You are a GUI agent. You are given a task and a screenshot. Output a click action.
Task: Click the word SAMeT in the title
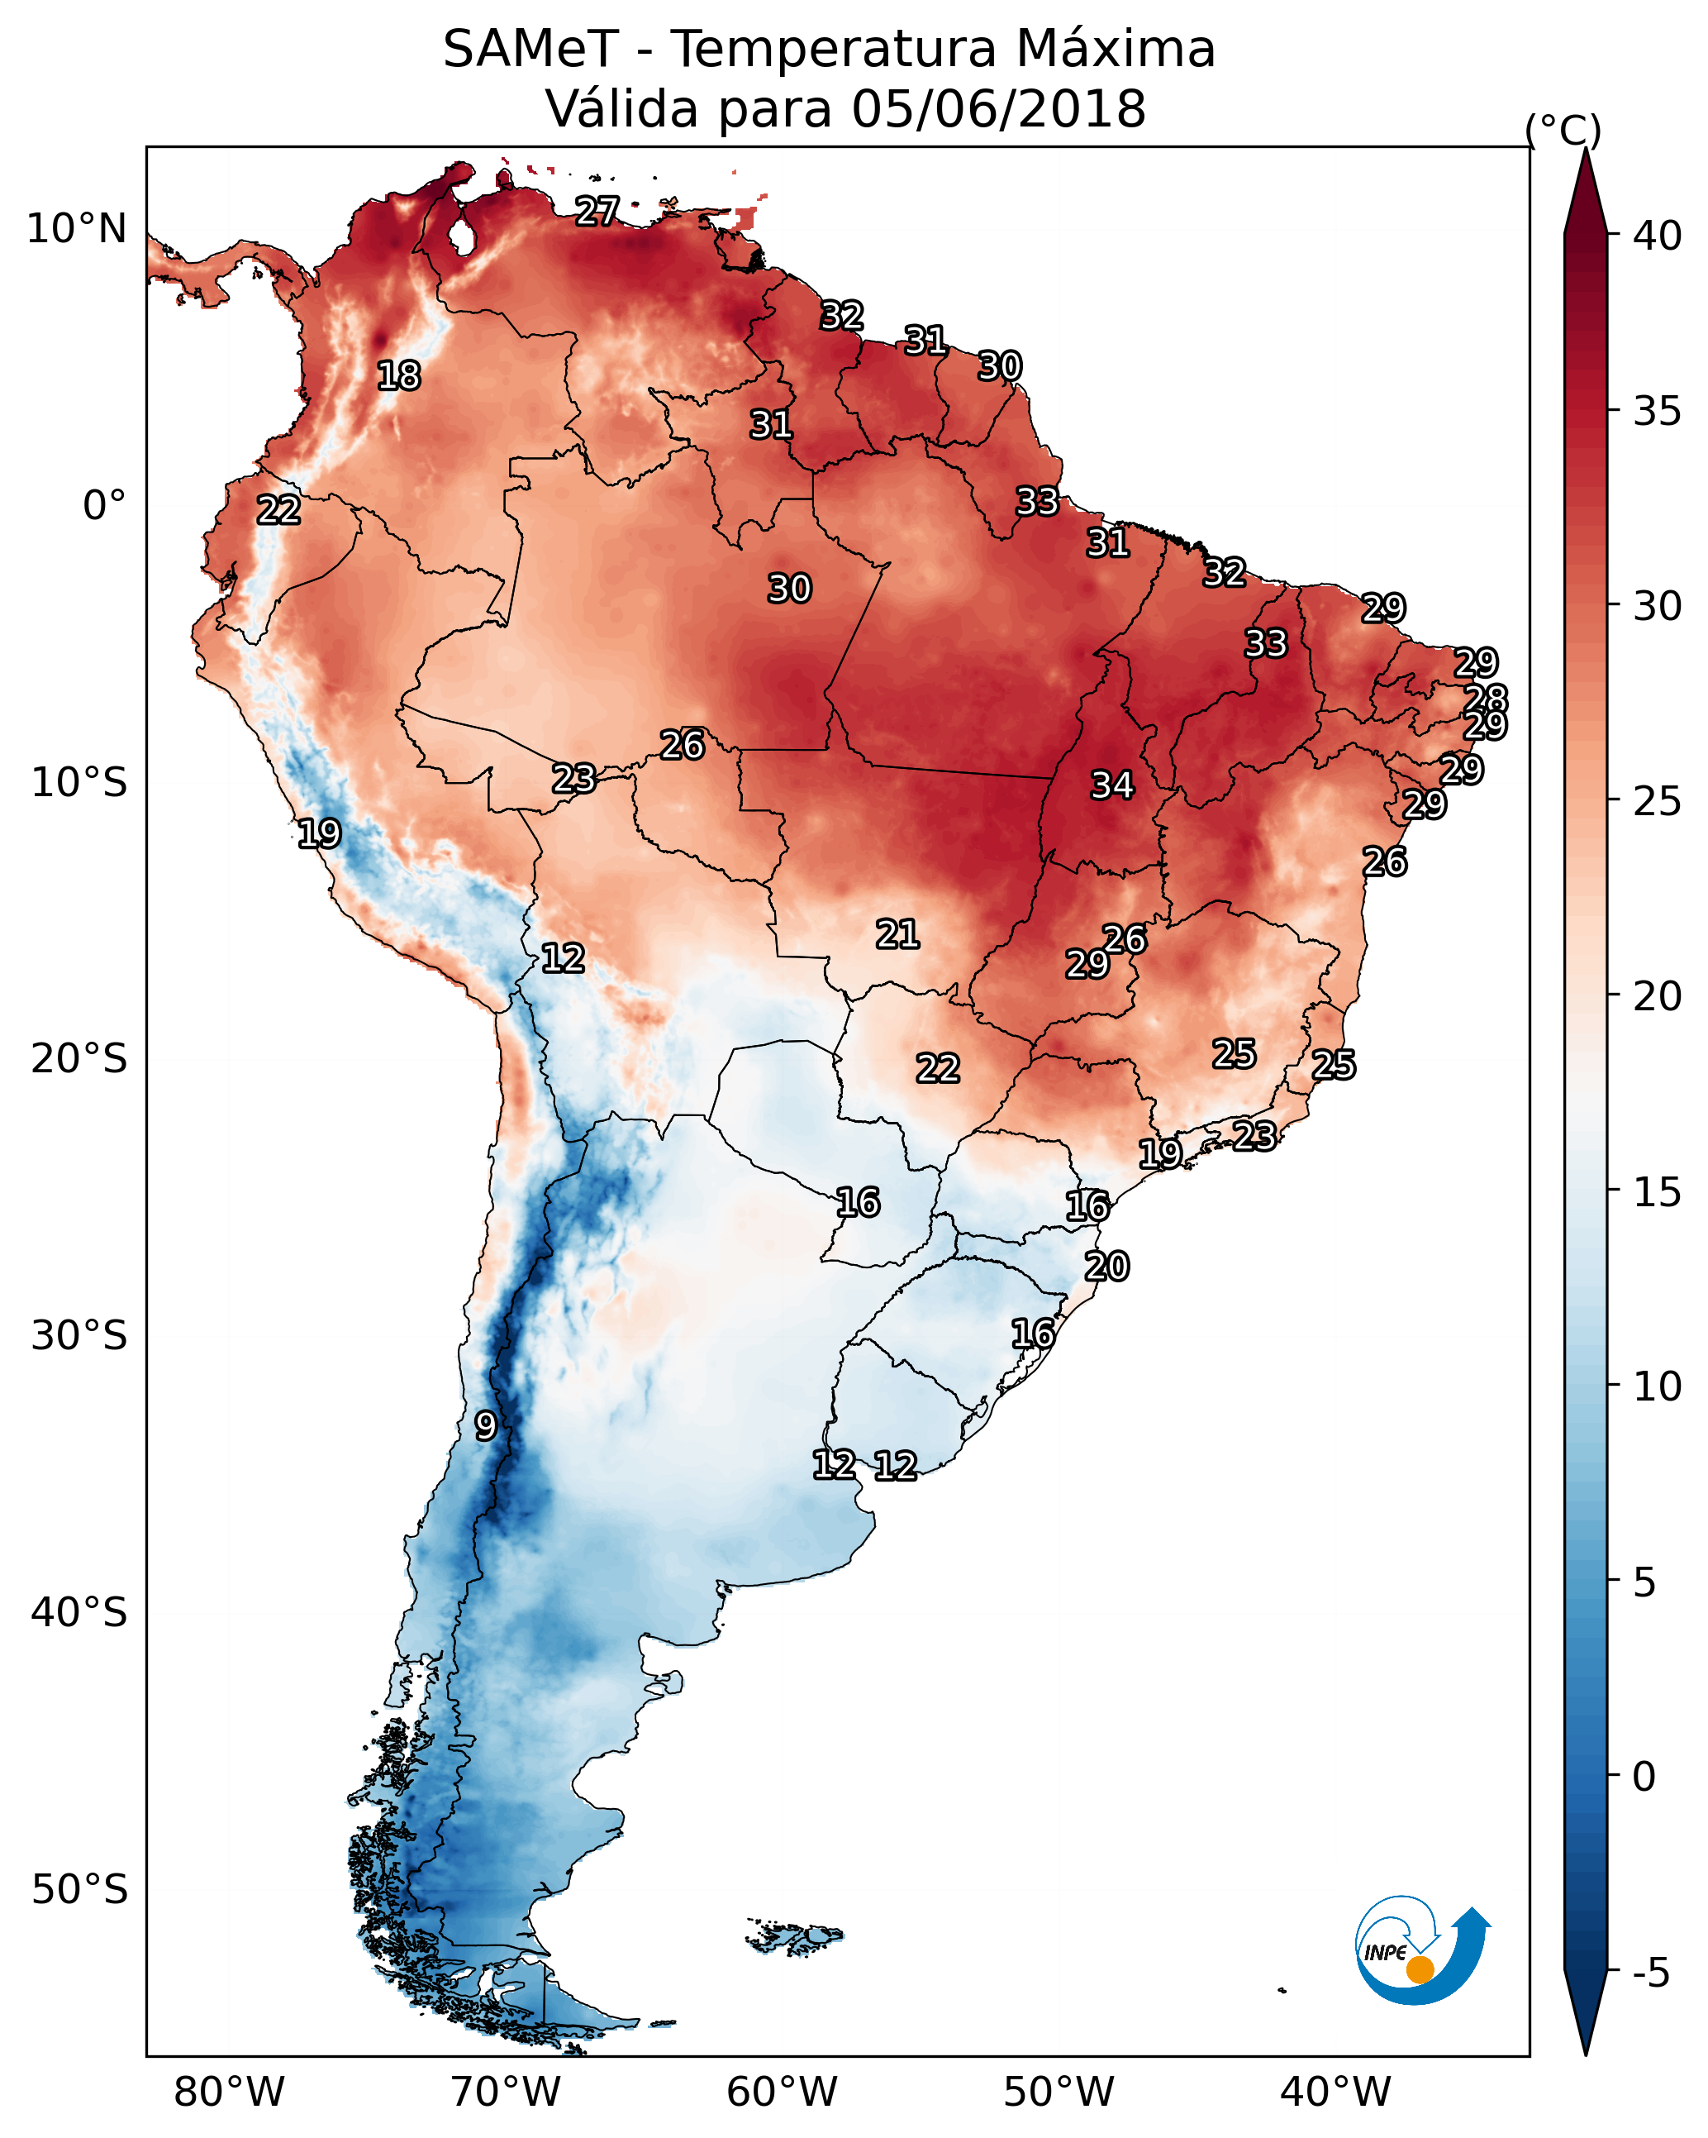(x=530, y=50)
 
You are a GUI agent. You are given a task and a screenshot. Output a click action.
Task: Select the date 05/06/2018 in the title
(x=998, y=109)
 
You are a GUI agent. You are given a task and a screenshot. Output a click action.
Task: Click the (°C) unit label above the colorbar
(x=1563, y=130)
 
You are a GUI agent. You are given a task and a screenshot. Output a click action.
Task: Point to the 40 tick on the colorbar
(x=1658, y=236)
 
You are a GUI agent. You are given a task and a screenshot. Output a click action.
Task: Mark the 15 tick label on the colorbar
(x=1658, y=1192)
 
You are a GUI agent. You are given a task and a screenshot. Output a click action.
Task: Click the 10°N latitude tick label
(x=76, y=229)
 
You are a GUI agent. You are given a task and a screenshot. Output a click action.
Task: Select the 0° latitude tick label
(x=104, y=506)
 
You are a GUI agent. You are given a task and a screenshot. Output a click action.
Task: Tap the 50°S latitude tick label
(x=79, y=1890)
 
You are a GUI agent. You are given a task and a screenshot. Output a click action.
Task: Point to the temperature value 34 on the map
(x=1112, y=785)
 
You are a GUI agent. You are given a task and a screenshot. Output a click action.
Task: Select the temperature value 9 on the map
(x=485, y=1426)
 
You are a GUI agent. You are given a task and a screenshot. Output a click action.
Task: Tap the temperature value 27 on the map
(x=597, y=211)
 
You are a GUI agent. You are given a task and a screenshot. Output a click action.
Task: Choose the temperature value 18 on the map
(x=398, y=376)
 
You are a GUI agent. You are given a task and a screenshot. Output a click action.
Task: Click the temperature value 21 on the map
(x=897, y=934)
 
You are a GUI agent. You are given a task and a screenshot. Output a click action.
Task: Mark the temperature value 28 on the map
(x=1486, y=698)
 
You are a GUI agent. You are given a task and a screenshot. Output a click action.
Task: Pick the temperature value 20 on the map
(x=1106, y=1267)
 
